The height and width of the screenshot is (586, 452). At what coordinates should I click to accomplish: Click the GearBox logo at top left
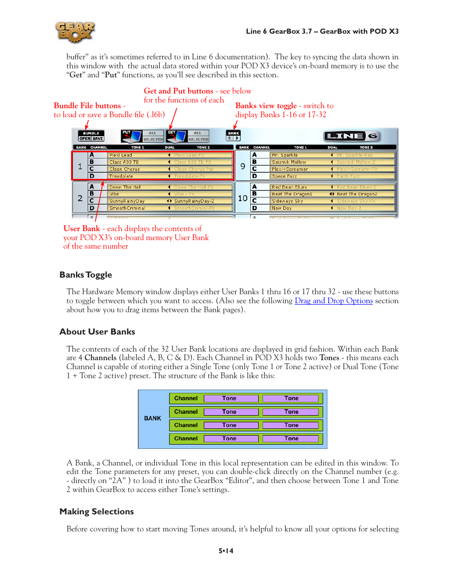pyautogui.click(x=75, y=32)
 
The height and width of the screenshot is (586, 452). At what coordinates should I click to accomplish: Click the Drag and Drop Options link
pyautogui.click(x=334, y=301)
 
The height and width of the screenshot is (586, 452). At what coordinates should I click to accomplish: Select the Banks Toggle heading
pyautogui.click(x=86, y=275)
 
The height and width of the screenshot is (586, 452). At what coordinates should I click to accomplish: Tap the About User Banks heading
pyautogui.click(x=97, y=332)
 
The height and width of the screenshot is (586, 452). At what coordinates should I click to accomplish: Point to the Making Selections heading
pyautogui.click(x=97, y=512)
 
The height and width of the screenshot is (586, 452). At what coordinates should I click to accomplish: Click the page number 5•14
pyautogui.click(x=226, y=551)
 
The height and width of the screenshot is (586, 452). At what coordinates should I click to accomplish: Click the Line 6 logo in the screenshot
pyautogui.click(x=351, y=136)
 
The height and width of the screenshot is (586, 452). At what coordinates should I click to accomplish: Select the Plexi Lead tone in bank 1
pyautogui.click(x=121, y=155)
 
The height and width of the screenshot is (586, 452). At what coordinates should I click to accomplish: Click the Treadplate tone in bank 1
pyautogui.click(x=121, y=177)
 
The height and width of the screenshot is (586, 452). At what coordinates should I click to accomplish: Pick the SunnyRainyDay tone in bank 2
pyautogui.click(x=127, y=201)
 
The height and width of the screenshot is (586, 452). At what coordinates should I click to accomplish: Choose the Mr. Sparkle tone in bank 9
pyautogui.click(x=285, y=155)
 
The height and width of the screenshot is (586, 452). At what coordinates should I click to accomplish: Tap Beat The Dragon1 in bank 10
pyautogui.click(x=292, y=194)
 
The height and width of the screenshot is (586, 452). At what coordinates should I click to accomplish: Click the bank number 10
pyautogui.click(x=243, y=198)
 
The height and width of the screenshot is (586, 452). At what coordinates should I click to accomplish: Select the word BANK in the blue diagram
pyautogui.click(x=153, y=419)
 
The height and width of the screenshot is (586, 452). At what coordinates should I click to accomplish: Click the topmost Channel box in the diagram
pyautogui.click(x=186, y=399)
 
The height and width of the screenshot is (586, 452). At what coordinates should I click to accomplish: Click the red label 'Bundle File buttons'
pyautogui.click(x=87, y=106)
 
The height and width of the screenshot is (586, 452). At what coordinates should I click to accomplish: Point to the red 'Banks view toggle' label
pyautogui.click(x=266, y=106)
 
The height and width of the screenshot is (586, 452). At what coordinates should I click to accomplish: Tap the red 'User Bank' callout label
pyautogui.click(x=81, y=229)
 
